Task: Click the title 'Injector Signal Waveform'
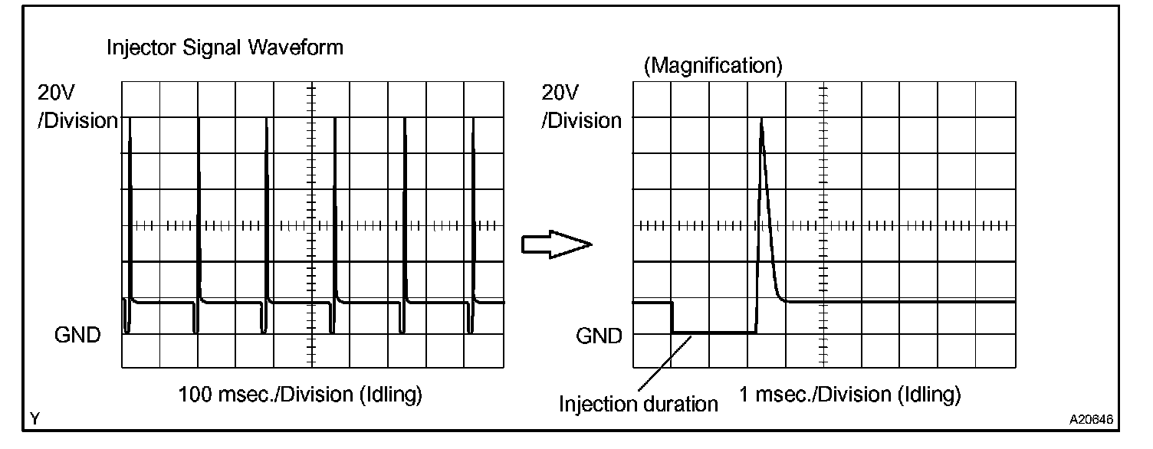click(225, 48)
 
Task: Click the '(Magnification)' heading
click(713, 67)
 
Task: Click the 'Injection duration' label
click(639, 403)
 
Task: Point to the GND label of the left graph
click(77, 335)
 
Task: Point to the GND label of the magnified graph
click(599, 335)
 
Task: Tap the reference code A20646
click(1092, 420)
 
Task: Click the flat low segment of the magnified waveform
click(713, 333)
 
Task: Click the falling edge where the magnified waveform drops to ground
click(672, 318)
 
